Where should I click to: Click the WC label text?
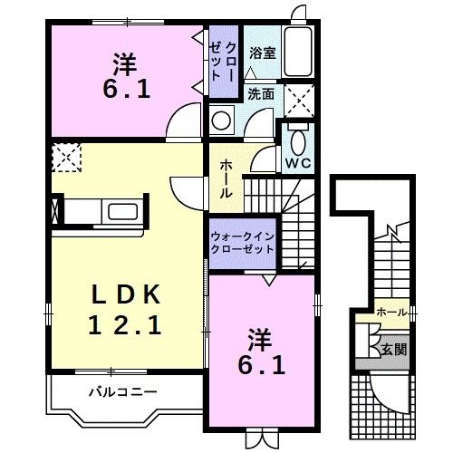298,163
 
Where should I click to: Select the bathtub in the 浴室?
298,52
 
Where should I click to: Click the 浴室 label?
263,53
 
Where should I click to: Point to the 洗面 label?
261,94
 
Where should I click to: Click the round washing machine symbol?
221,120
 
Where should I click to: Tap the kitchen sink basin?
123,211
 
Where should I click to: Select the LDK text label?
126,294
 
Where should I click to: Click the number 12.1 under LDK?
124,324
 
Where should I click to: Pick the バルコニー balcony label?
123,392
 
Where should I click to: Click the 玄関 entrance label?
394,350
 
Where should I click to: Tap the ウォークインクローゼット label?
243,243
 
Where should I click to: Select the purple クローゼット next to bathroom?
224,62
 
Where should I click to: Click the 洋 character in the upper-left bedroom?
125,64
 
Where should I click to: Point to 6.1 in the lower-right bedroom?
262,365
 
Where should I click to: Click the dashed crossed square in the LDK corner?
66,158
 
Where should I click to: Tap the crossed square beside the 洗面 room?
299,101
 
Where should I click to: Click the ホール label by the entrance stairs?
391,313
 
